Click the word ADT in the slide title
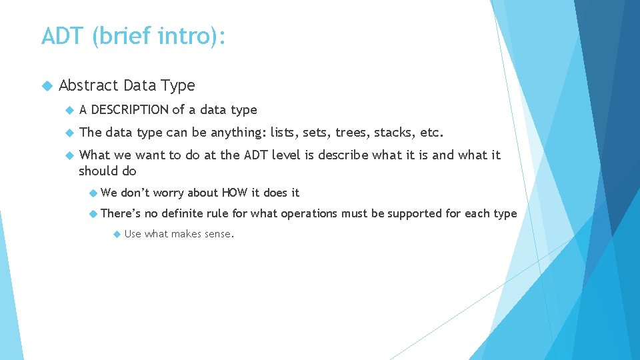tap(63, 35)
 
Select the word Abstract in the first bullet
tap(86, 85)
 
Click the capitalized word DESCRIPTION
tap(130, 110)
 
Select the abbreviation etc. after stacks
tap(431, 132)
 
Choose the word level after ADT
tap(285, 155)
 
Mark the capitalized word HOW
tap(234, 193)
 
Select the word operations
tap(309, 213)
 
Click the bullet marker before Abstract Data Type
tap(46, 86)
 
